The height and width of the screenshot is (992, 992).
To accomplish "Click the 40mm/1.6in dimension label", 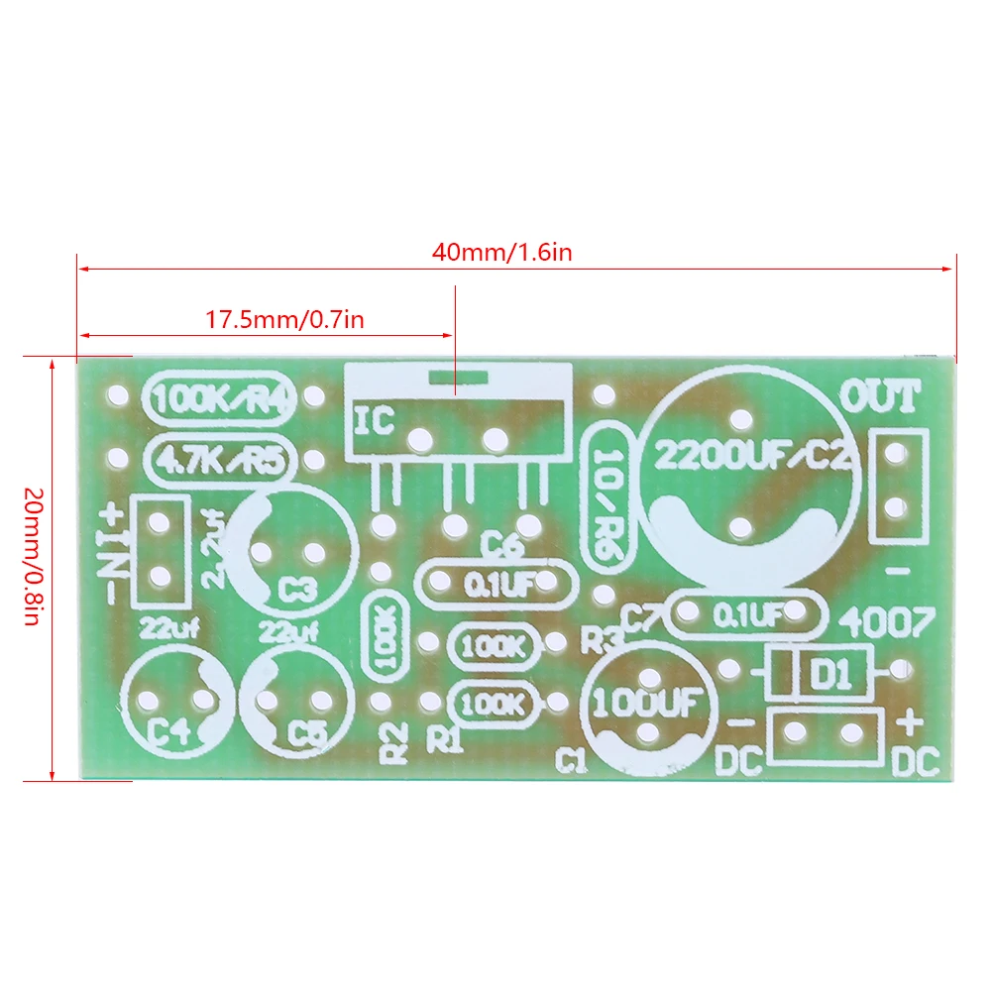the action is tap(501, 252).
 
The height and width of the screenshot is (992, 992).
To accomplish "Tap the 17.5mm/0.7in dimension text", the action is tap(285, 320).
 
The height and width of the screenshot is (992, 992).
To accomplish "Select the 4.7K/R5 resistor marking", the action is tap(219, 459).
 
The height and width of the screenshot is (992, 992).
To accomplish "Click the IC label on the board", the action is tap(374, 420).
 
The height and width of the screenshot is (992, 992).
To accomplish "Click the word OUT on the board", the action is tap(880, 397).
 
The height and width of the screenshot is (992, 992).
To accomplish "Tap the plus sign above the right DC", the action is tap(910, 722).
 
